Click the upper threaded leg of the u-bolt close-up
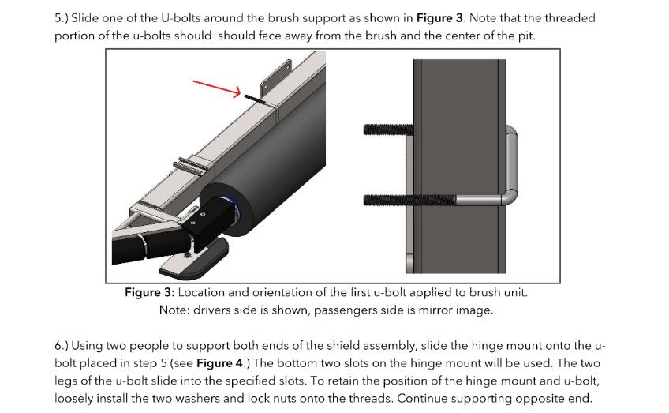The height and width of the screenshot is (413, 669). [x=387, y=129]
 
